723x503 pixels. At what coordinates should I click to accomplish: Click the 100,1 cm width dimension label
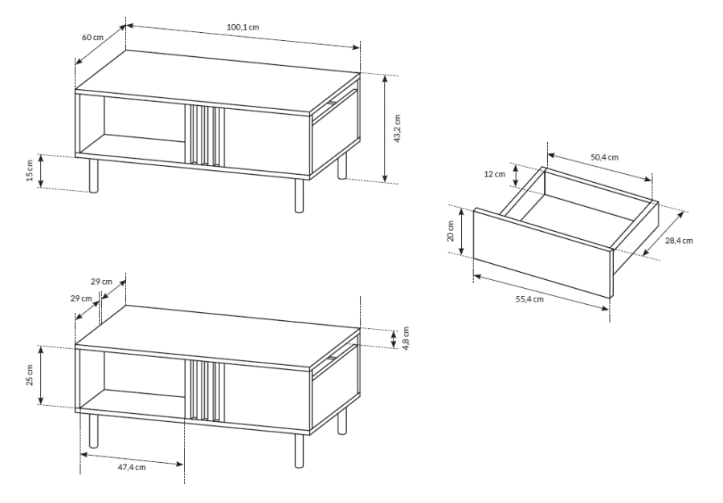(243, 27)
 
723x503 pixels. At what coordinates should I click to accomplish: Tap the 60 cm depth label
(92, 37)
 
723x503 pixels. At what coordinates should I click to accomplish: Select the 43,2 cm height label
(398, 128)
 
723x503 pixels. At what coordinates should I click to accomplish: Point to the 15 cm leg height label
(30, 171)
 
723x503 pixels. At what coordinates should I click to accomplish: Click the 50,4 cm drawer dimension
(604, 157)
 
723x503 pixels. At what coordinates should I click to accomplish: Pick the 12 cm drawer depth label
(494, 174)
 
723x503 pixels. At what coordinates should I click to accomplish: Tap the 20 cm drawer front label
(451, 231)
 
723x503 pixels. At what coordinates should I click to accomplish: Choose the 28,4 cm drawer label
(679, 240)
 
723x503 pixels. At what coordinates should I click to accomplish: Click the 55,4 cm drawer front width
(529, 299)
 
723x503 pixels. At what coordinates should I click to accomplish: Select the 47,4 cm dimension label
(132, 467)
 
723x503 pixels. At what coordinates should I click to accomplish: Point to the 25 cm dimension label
(30, 375)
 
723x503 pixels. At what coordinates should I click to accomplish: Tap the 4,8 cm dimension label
(406, 339)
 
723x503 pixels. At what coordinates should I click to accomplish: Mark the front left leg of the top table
(94, 176)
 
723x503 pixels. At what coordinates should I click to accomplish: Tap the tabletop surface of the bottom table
(218, 337)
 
